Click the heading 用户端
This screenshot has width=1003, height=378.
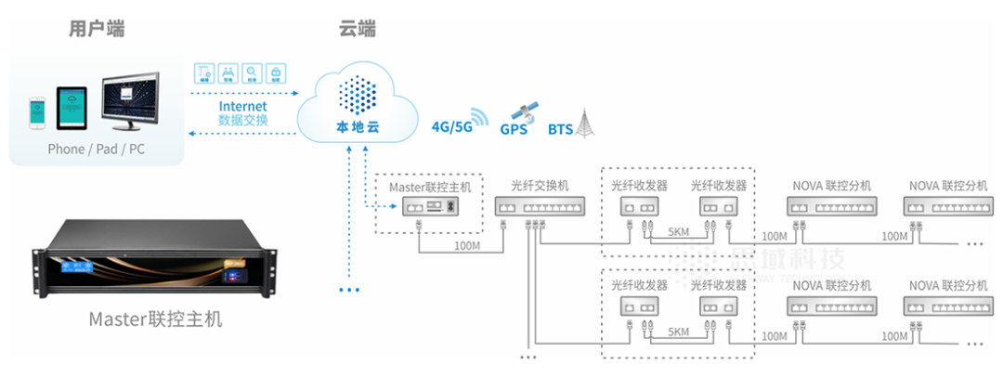tap(97, 29)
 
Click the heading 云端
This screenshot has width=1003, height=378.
tap(357, 29)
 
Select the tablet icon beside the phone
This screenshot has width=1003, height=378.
tap(72, 108)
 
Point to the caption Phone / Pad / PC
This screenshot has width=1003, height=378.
tap(96, 149)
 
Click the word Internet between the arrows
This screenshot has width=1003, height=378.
tap(242, 107)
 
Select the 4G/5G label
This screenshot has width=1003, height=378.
tap(451, 126)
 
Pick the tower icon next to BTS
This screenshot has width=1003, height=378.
tap(583, 123)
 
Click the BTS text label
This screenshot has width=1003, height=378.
tap(560, 129)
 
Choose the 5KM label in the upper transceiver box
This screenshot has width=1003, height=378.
tap(677, 231)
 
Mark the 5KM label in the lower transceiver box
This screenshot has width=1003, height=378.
tap(677, 332)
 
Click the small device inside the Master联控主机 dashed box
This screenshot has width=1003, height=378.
tap(428, 206)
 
